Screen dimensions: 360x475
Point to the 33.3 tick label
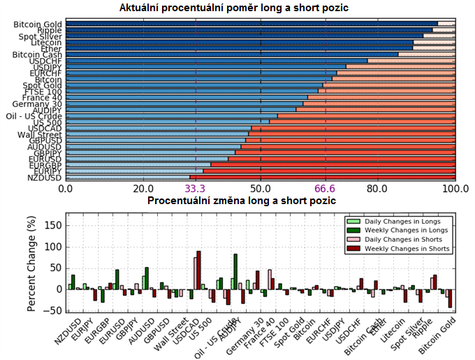click(195, 188)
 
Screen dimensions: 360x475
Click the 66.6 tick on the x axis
click(326, 188)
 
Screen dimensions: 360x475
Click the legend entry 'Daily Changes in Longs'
click(406, 222)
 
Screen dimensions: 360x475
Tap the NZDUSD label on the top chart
click(43, 178)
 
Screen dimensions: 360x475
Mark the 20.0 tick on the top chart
click(143, 188)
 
